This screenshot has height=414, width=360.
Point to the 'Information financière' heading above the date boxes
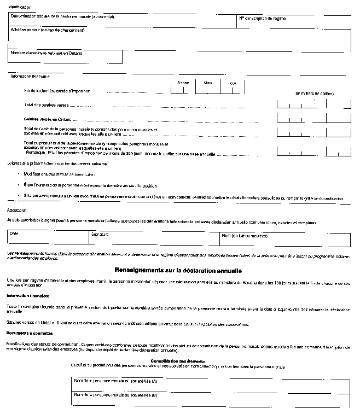click(x=31, y=77)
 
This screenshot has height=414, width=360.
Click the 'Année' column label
click(x=183, y=83)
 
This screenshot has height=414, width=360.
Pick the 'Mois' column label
click(x=208, y=83)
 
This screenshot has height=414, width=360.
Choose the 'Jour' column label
click(x=233, y=83)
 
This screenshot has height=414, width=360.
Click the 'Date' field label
click(x=14, y=234)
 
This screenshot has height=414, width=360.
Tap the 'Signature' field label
click(x=100, y=234)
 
